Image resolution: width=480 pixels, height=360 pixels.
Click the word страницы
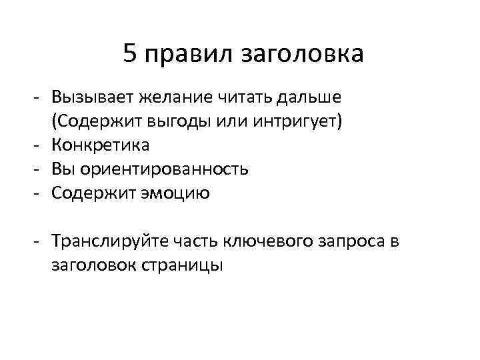point(183,265)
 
